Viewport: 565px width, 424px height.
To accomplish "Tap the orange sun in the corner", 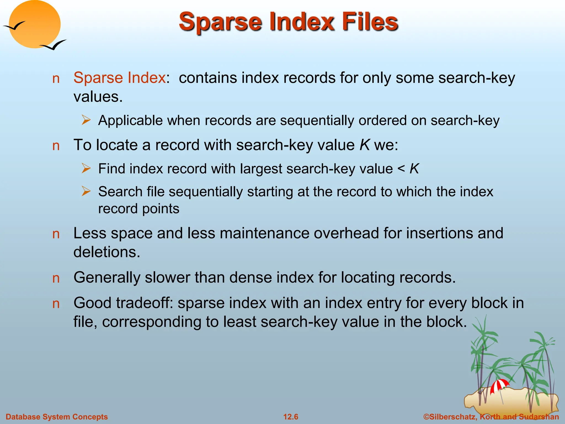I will point(35,24).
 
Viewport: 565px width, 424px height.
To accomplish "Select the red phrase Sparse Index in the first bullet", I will point(119,78).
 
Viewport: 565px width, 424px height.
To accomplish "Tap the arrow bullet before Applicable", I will point(86,120).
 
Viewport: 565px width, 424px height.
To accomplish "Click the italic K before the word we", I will point(364,145).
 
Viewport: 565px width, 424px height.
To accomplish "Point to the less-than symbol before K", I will point(401,169).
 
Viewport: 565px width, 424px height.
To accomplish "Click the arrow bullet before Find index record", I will point(86,168).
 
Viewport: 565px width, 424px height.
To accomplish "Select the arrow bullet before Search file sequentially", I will point(86,191).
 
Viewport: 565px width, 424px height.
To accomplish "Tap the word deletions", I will point(107,252).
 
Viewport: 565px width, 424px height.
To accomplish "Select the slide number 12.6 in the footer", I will point(291,417).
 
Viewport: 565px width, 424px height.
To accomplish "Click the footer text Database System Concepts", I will point(57,417).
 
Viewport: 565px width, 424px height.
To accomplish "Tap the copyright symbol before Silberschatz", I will point(427,417).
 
